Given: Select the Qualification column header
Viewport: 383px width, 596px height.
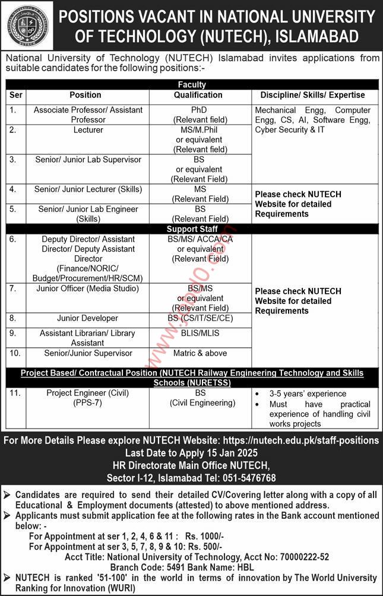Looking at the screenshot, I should pyautogui.click(x=198, y=95).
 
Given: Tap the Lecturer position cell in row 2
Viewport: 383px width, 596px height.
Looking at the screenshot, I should pyautogui.click(x=88, y=129).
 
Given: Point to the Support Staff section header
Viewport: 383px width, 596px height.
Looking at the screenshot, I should pyautogui.click(x=191, y=229).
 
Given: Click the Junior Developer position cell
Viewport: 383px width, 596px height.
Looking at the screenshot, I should pyautogui.click(x=87, y=318).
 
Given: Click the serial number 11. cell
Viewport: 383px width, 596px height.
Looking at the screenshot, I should pyautogui.click(x=15, y=393).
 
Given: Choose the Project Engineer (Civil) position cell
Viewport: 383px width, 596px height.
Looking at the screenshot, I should pyautogui.click(x=87, y=398).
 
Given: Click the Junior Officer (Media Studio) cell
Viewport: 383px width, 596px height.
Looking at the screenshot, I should pyautogui.click(x=88, y=289).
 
